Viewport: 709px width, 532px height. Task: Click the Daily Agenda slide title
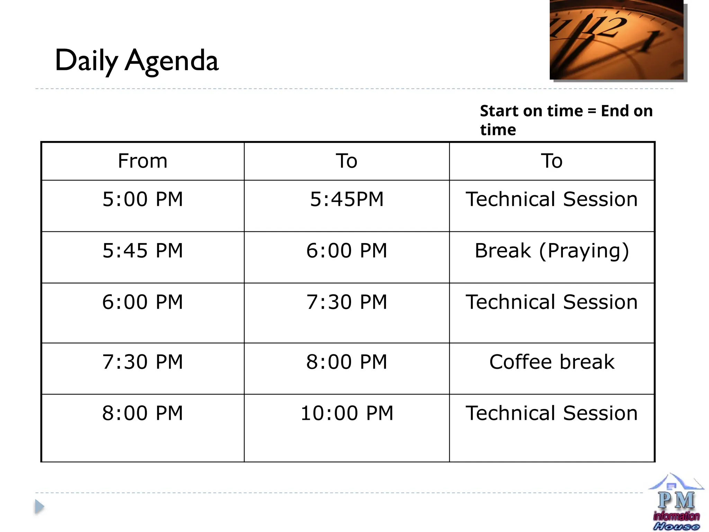coord(137,61)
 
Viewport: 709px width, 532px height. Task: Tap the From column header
coord(143,161)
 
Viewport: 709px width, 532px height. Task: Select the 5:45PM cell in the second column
coord(347,199)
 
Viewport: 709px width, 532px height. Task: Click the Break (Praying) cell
coord(552,250)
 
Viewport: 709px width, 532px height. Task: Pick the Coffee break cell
coord(552,362)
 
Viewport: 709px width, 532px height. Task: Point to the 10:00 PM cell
coord(347,413)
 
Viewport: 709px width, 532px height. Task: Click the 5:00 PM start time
coord(143,199)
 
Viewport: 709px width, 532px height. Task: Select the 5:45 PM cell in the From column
coord(143,250)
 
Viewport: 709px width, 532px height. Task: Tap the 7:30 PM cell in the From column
coord(143,362)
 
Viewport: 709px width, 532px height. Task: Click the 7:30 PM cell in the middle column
coord(347,302)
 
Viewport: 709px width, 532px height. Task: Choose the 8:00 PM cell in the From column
coord(143,413)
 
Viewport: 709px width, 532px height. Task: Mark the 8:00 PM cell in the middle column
coord(347,362)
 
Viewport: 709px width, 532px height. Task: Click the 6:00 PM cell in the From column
coord(143,302)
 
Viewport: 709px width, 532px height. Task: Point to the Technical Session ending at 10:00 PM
coord(552,413)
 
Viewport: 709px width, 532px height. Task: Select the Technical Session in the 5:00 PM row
coord(552,199)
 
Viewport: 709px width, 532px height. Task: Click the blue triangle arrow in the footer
coord(39,507)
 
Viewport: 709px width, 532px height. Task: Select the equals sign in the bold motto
coord(592,111)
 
